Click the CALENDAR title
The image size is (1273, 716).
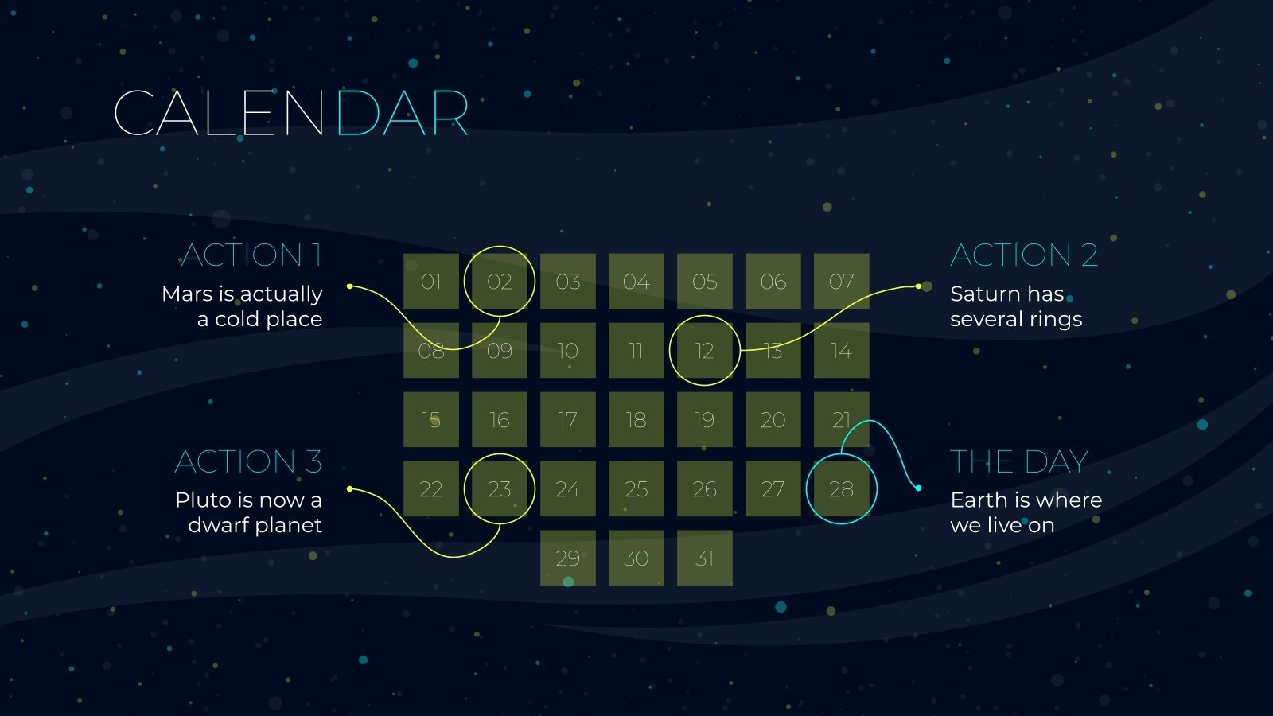tap(290, 113)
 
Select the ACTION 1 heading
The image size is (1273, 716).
tap(251, 255)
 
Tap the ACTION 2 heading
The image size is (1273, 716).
tap(1024, 255)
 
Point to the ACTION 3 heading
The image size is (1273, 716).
tap(248, 461)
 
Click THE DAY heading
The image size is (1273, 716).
tap(1019, 461)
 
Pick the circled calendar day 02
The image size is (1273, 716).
tap(500, 282)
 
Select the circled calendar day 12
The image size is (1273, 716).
tap(704, 351)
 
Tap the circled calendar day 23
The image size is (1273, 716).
tap(500, 489)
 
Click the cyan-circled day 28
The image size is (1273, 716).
tap(841, 489)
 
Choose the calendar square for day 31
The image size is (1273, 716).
tap(704, 558)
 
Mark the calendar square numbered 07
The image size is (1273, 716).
tap(841, 282)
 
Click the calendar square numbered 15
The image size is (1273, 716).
tap(431, 420)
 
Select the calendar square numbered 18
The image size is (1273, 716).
tap(636, 420)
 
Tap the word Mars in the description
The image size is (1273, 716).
tap(188, 294)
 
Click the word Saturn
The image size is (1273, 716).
tap(983, 294)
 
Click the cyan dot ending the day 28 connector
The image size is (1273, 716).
tap(918, 488)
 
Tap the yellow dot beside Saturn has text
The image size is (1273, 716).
tap(918, 286)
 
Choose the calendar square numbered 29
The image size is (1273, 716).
tap(568, 558)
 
